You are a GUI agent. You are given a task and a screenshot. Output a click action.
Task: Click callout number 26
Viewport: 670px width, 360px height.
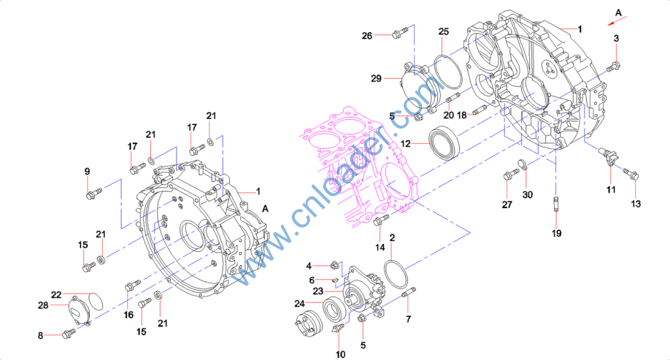[367, 36]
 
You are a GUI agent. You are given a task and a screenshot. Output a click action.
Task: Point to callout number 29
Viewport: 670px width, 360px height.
[376, 79]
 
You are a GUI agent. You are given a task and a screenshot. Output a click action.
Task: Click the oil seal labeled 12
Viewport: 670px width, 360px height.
[445, 143]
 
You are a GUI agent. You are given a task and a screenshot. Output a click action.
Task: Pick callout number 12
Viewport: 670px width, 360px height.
[406, 143]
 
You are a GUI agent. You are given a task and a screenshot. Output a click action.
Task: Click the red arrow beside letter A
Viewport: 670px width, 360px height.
[618, 21]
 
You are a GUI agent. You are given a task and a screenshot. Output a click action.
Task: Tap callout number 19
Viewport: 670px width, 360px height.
[556, 234]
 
